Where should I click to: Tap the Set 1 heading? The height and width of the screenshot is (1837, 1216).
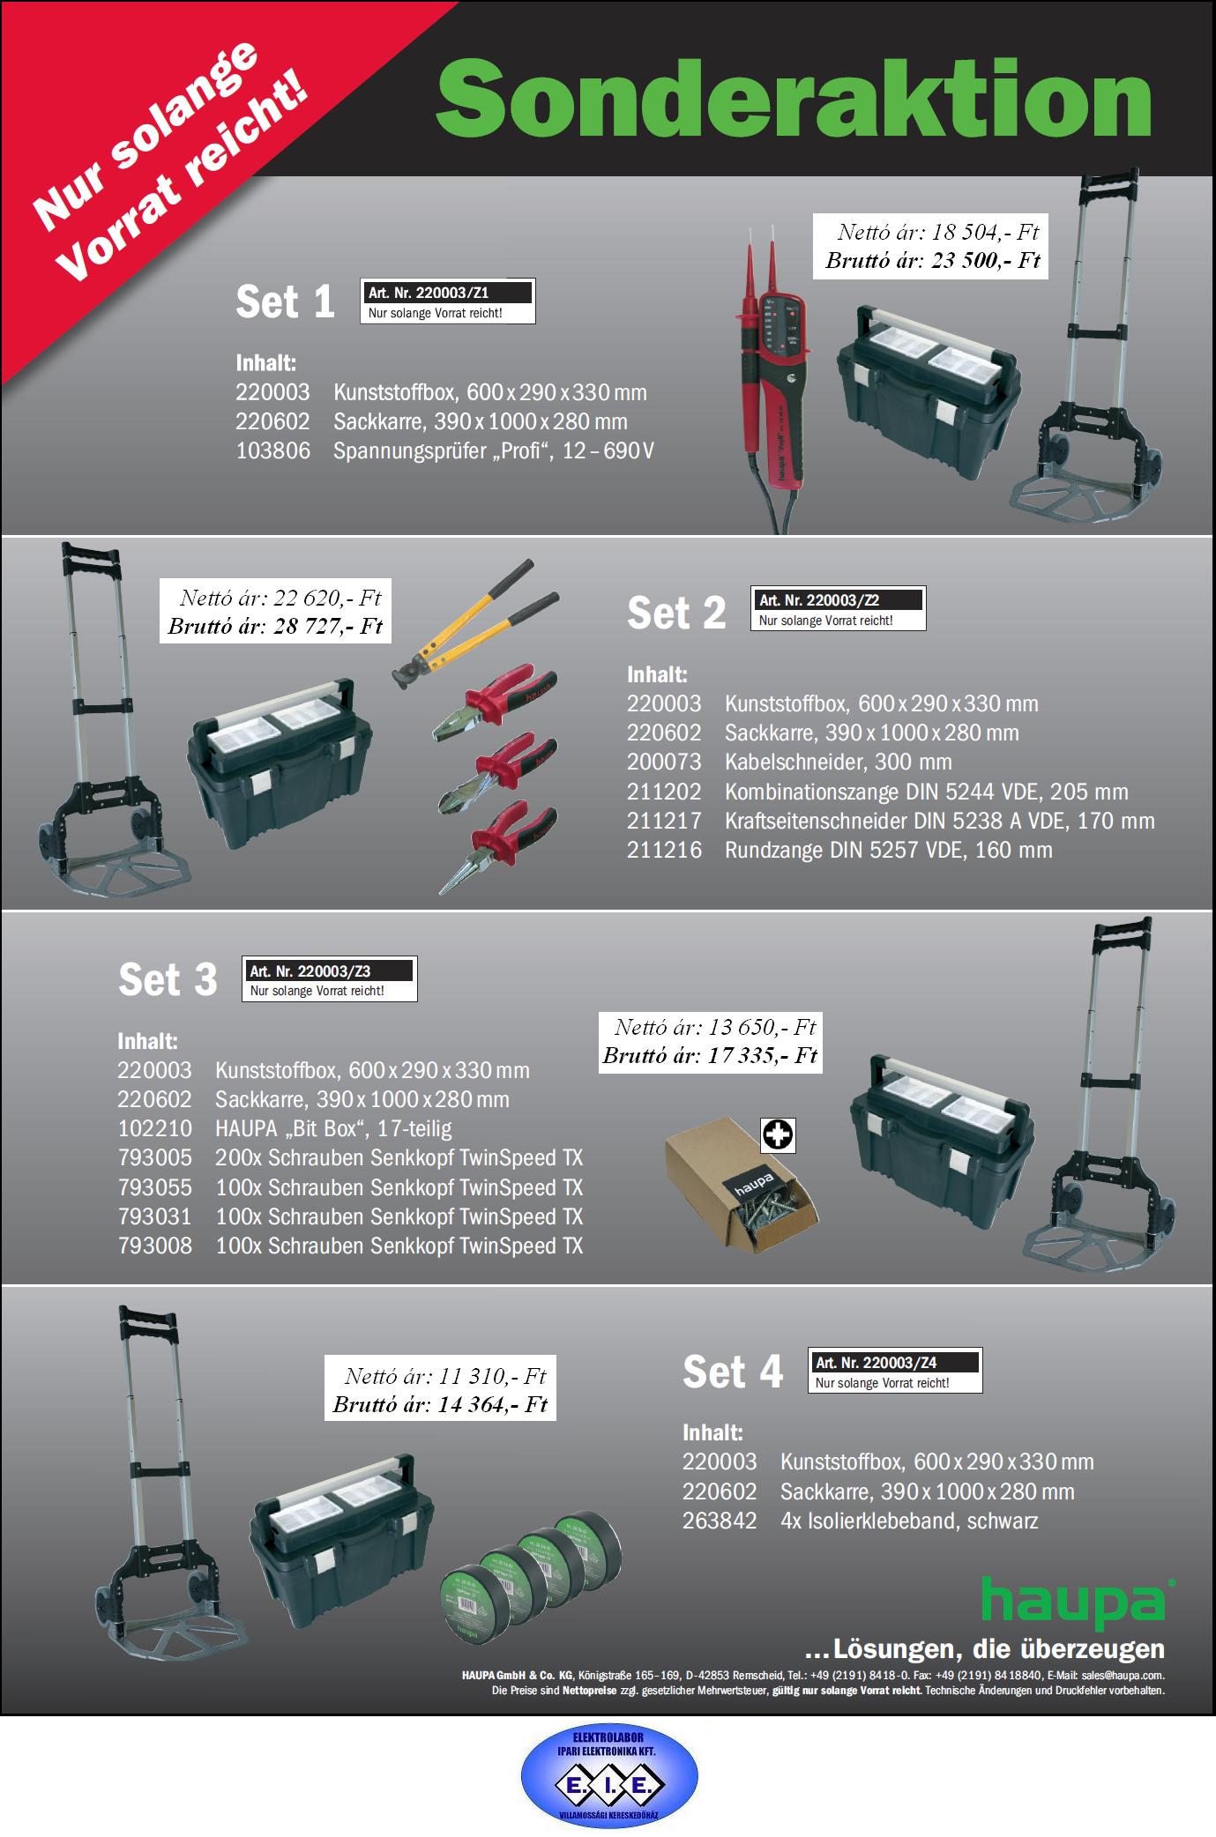click(285, 301)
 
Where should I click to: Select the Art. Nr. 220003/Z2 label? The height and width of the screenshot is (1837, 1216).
click(837, 608)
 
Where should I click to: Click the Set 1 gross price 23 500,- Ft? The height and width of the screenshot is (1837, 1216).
click(933, 260)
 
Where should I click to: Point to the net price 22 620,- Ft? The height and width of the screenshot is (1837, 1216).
click(280, 598)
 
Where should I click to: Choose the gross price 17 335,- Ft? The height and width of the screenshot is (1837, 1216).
click(711, 1055)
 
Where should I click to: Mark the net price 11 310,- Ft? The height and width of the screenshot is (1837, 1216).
click(446, 1376)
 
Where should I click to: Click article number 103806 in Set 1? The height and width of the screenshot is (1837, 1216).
click(273, 451)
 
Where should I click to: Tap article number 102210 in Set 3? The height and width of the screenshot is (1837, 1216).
click(155, 1128)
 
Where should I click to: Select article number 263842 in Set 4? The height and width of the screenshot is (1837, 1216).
click(720, 1521)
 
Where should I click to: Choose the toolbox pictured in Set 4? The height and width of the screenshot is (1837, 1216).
click(340, 1539)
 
